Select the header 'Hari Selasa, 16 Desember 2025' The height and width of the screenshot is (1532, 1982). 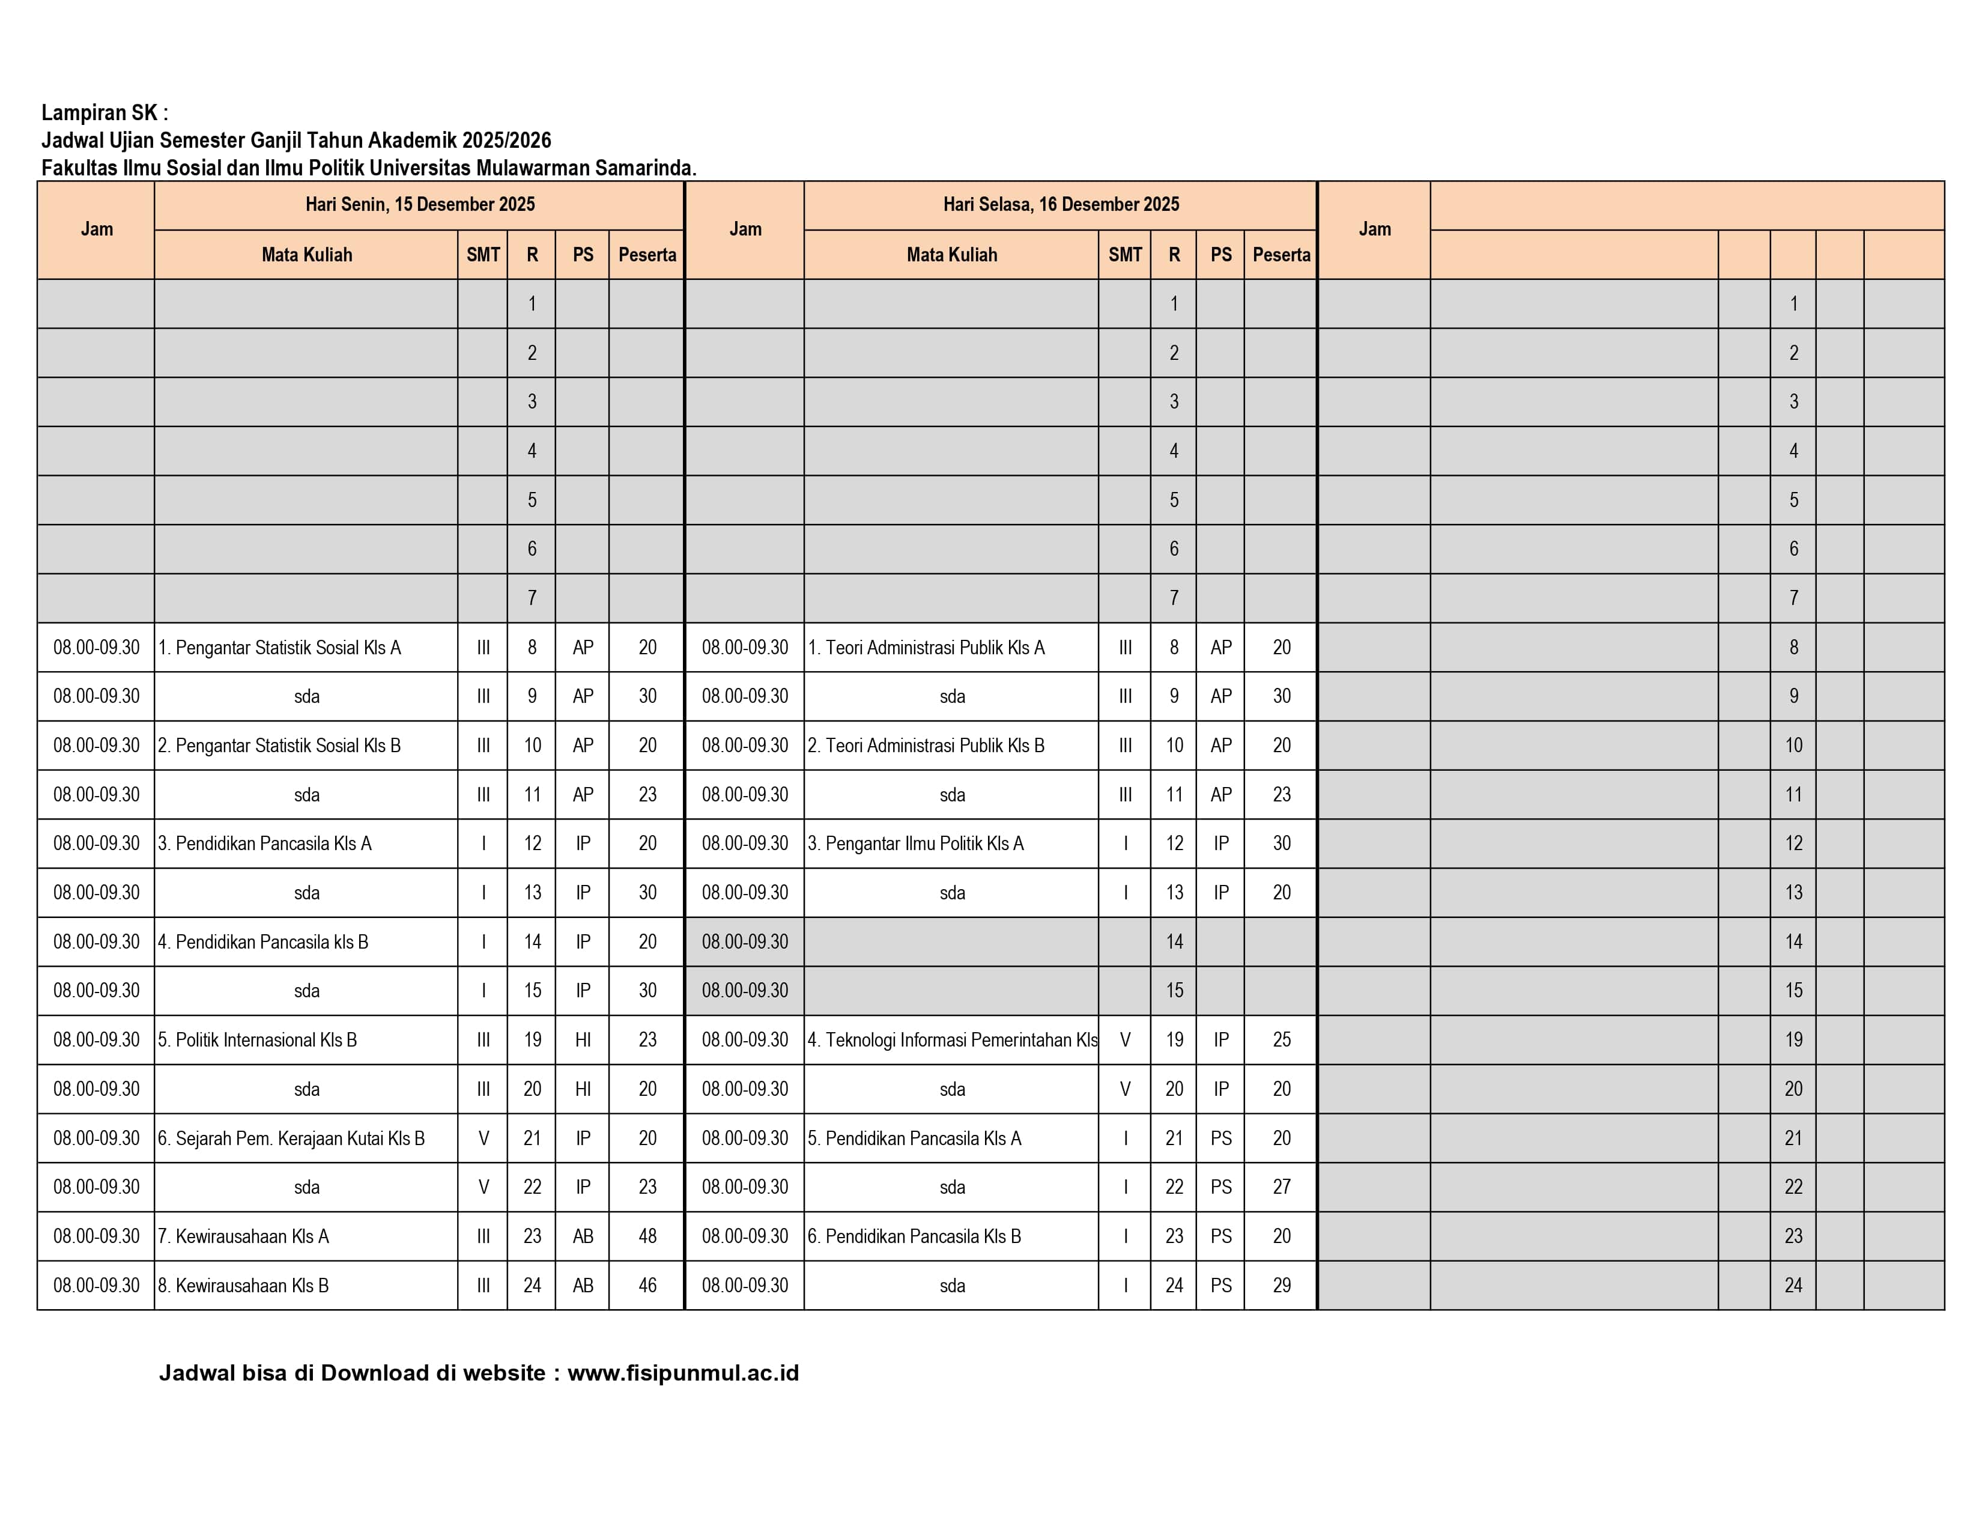click(x=1061, y=204)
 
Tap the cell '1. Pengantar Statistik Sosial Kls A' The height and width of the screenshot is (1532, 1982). click(x=279, y=647)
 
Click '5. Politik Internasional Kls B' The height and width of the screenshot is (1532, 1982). click(x=258, y=1040)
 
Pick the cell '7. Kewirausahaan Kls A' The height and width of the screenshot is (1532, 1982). click(x=243, y=1236)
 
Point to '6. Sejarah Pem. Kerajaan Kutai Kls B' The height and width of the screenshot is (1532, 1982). click(x=291, y=1138)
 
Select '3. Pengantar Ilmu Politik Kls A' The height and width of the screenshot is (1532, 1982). click(x=916, y=843)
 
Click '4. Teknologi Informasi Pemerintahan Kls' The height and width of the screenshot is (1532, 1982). click(x=952, y=1040)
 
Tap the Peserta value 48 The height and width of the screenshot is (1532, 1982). click(x=647, y=1236)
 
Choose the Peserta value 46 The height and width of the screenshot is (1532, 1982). click(x=647, y=1285)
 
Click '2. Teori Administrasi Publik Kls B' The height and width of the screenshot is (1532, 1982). click(x=926, y=745)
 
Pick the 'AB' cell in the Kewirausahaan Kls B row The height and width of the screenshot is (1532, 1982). click(x=583, y=1285)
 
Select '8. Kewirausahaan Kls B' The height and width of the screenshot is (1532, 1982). click(x=243, y=1285)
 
